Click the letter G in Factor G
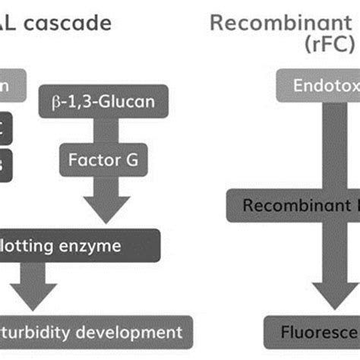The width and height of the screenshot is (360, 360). [x=137, y=160]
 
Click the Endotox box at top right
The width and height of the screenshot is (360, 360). [x=322, y=85]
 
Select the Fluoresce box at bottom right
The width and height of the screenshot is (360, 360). [x=311, y=332]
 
